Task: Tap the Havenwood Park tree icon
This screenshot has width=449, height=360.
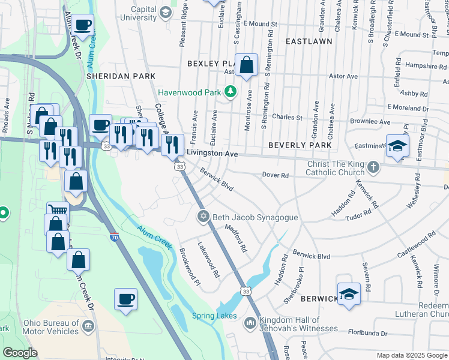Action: coord(229,92)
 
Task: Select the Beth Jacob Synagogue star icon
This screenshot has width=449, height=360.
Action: coord(203,217)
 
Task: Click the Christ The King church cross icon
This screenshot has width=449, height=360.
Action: coord(373,167)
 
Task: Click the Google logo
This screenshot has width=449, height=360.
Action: coord(20,353)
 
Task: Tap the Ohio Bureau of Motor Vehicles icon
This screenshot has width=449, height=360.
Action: coord(88,326)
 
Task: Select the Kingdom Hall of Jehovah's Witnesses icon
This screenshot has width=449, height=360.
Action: coord(250,323)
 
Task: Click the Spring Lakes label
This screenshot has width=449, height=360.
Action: coord(214,316)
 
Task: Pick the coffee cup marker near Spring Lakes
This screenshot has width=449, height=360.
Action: coord(125,299)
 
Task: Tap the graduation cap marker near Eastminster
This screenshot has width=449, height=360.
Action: coord(397,146)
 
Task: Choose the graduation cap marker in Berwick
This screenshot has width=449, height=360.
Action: coord(349,294)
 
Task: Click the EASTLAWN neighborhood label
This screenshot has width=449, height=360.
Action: coord(309,42)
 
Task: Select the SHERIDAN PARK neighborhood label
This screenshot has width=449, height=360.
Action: coord(121,76)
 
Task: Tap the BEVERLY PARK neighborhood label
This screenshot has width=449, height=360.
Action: coord(300,145)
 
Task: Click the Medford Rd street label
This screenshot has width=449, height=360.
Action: coord(236,238)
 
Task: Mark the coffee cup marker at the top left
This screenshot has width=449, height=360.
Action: coord(83,25)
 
